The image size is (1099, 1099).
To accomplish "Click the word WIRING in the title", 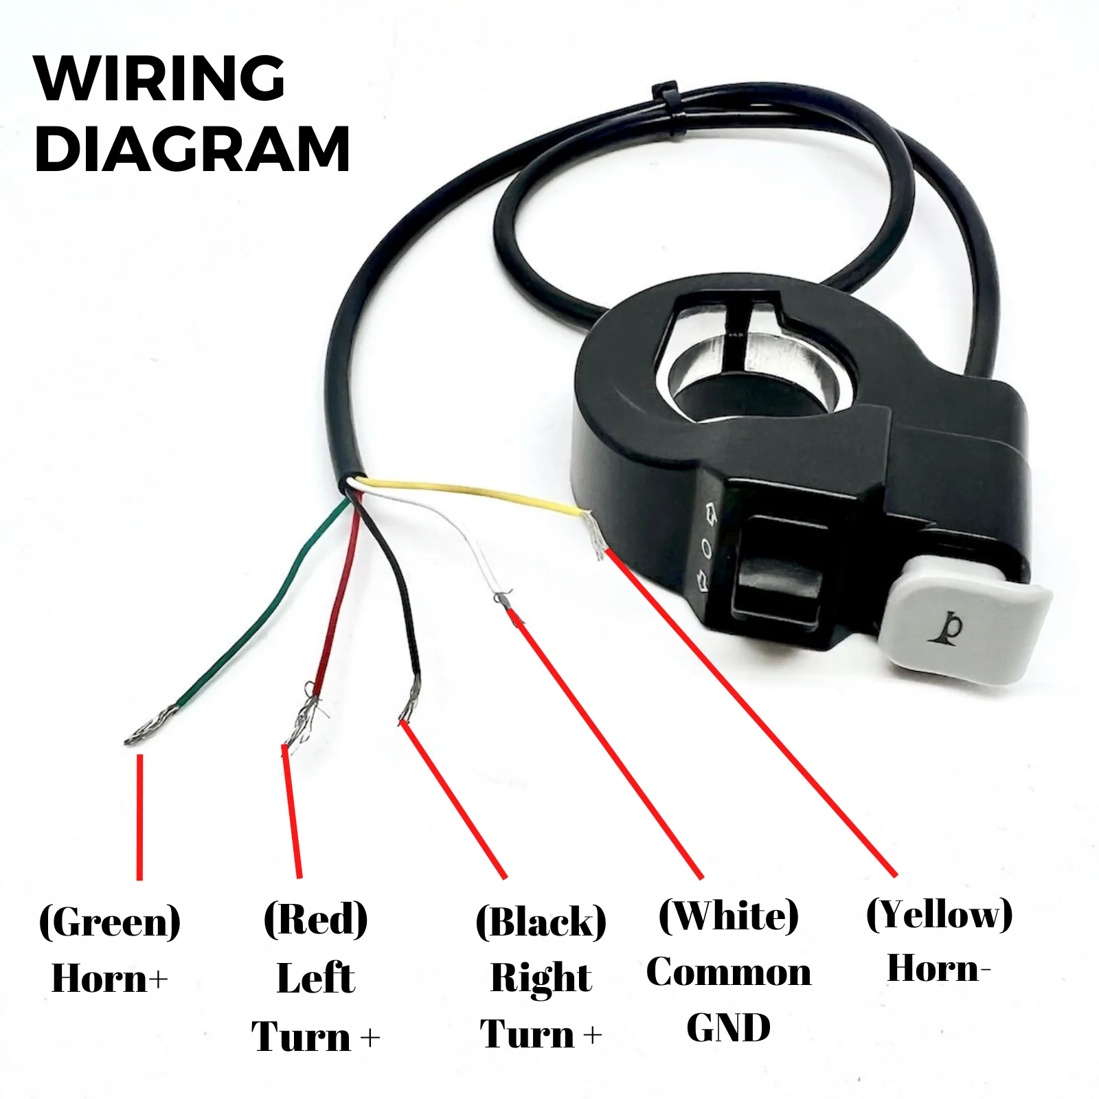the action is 159,78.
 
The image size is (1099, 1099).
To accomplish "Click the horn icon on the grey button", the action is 949,627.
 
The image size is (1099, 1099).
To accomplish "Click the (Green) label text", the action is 110,922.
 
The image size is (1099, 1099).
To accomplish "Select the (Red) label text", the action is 315,919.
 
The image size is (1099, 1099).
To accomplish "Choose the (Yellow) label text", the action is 939,914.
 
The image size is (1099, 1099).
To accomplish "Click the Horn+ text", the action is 110,978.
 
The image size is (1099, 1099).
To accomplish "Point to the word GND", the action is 729,1028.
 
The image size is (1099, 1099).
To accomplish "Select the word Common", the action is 729,973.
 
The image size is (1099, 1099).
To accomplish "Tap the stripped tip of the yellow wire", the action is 594,534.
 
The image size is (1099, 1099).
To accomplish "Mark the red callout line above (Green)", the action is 140,817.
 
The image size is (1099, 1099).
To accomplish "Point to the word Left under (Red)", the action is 316,978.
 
